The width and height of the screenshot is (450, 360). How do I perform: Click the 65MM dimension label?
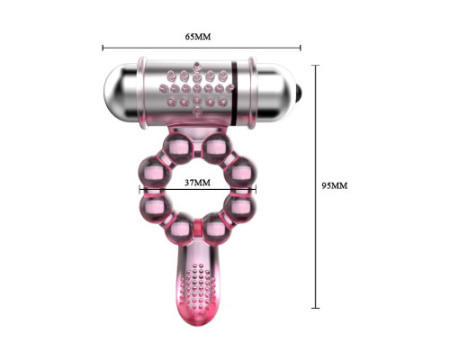(x=198, y=37)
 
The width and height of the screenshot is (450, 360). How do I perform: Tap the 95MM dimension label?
(x=335, y=185)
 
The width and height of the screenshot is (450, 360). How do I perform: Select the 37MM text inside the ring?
(x=197, y=183)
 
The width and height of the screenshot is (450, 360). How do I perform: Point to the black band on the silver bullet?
(x=235, y=93)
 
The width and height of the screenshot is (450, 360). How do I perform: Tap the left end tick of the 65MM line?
(x=103, y=48)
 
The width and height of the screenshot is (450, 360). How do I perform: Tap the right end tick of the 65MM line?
(x=301, y=48)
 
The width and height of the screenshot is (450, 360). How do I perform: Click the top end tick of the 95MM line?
(x=315, y=65)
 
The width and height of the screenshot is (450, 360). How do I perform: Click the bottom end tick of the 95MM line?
(x=315, y=308)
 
